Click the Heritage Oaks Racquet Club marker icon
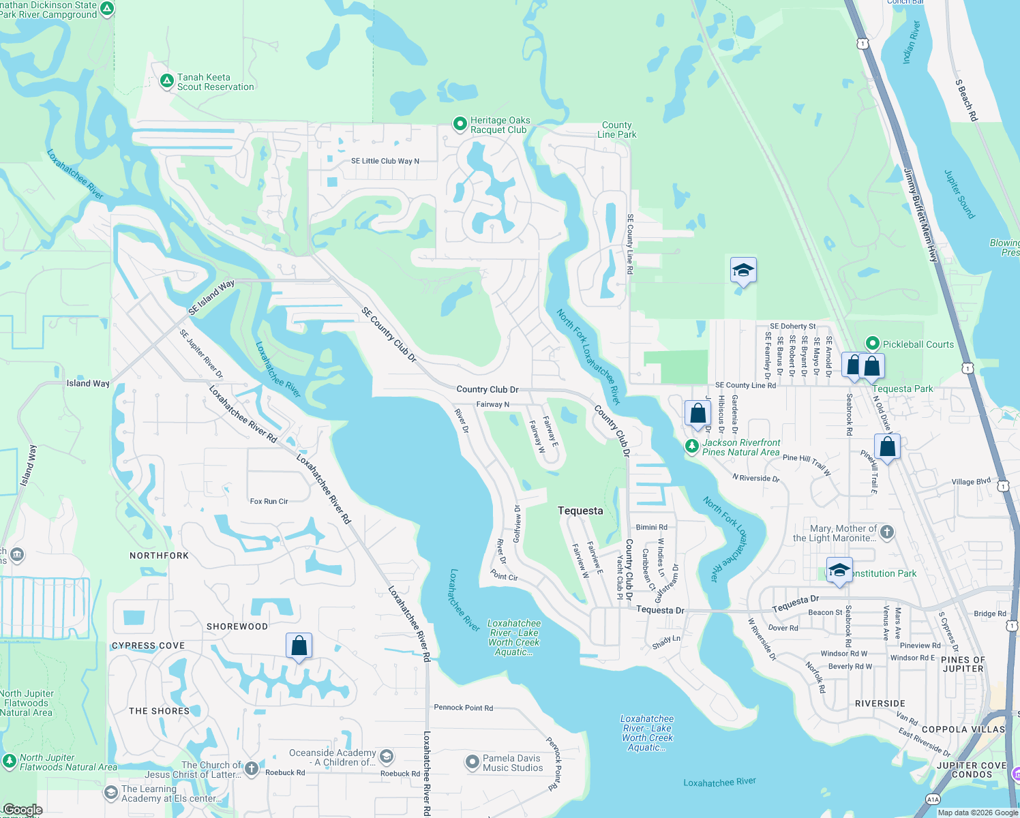[x=460, y=124]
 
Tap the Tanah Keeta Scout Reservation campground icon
[x=166, y=81]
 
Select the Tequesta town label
[x=580, y=511]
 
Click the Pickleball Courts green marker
[x=872, y=344]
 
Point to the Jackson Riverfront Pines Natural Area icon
[x=692, y=446]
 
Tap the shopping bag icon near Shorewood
[x=299, y=645]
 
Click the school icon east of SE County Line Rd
[x=743, y=271]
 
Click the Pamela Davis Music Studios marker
[x=472, y=763]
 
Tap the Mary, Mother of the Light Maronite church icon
[x=887, y=532]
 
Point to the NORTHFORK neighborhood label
[x=159, y=556]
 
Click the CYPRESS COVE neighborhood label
[x=148, y=646]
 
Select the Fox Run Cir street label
[x=269, y=501]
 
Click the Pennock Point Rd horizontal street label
[x=463, y=708]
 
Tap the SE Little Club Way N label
[x=385, y=161]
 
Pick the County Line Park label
[x=617, y=130]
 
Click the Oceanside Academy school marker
[x=387, y=756]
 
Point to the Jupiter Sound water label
[x=959, y=194]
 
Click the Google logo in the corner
[x=22, y=810]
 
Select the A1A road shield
[x=933, y=800]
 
